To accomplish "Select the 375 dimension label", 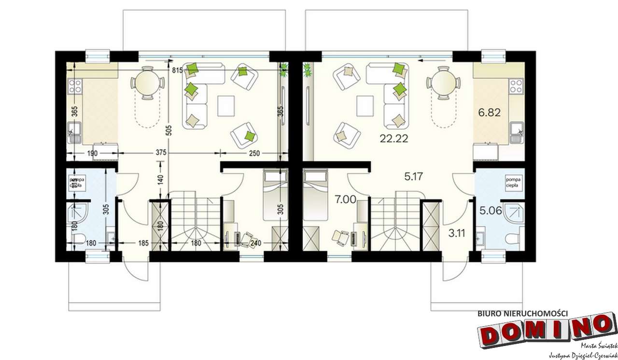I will pos(161,153).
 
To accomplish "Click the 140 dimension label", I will pos(160,180).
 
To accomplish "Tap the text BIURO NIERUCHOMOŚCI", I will pos(522,313).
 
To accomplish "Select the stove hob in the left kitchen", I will pos(75,86).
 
